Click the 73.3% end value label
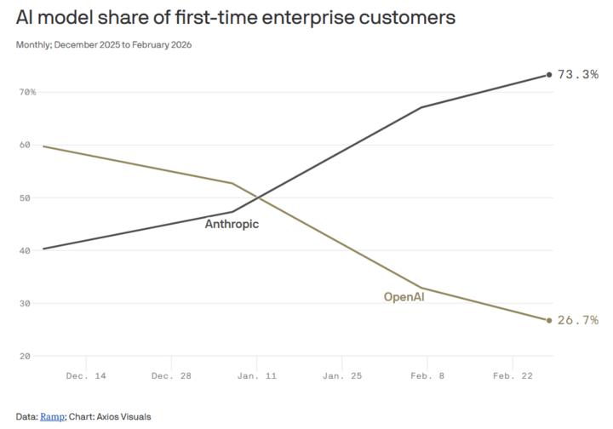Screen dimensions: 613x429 click(578, 74)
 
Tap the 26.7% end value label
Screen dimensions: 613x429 click(578, 320)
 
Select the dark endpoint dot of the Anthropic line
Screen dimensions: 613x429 click(549, 75)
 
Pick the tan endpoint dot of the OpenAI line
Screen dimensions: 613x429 click(549, 320)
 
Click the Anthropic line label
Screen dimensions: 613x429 click(232, 224)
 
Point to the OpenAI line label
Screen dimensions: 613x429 click(404, 297)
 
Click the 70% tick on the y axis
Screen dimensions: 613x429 click(27, 92)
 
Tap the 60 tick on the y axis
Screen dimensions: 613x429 click(25, 145)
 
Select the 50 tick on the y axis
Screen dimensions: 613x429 click(25, 198)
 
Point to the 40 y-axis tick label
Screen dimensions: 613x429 click(25, 250)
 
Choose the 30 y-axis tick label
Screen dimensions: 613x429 click(25, 304)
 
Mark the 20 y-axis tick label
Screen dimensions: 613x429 click(25, 357)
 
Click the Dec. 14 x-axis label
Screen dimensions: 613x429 click(86, 376)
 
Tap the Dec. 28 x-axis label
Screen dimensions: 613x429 click(171, 376)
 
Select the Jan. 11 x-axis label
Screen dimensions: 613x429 click(257, 376)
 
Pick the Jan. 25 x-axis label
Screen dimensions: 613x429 click(342, 376)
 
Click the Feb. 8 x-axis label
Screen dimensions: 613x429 click(427, 376)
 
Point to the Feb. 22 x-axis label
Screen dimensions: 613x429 click(513, 376)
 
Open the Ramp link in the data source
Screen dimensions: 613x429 click(53, 417)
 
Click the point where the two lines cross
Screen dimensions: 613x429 click(258, 197)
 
